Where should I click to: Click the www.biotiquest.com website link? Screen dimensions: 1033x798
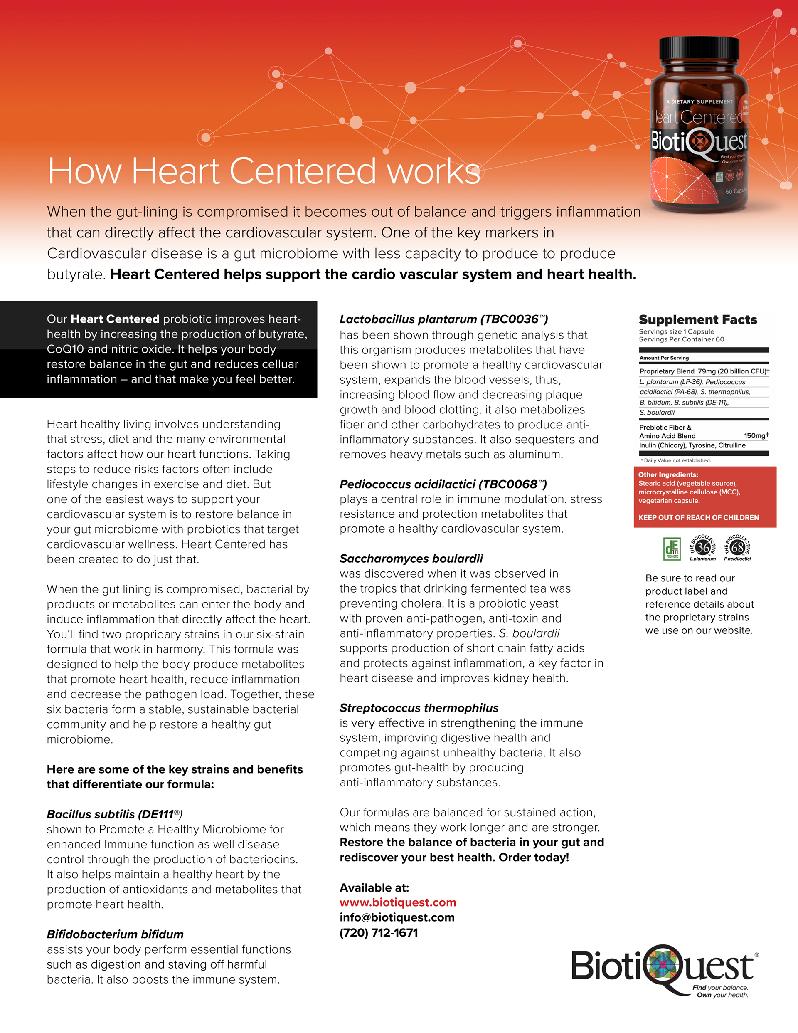click(x=398, y=902)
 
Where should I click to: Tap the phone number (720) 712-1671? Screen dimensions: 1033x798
click(x=379, y=933)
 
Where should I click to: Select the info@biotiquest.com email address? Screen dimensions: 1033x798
click(x=397, y=917)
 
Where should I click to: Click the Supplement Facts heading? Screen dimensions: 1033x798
click(x=698, y=320)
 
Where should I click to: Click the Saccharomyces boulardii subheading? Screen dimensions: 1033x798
click(x=411, y=559)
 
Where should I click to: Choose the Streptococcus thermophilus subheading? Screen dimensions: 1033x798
click(x=419, y=708)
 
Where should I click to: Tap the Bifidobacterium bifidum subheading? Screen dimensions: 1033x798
click(x=115, y=934)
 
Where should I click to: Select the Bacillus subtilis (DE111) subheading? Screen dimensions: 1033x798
click(x=114, y=814)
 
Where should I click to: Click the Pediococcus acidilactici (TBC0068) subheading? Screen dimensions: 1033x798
click(x=443, y=484)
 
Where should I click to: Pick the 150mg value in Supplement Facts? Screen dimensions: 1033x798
click(x=756, y=436)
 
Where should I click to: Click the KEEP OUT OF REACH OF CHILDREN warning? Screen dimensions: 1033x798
click(x=699, y=517)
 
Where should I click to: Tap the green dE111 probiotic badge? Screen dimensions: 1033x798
click(x=672, y=549)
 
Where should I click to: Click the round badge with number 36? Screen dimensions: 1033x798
click(x=703, y=548)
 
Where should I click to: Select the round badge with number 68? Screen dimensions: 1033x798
click(x=737, y=548)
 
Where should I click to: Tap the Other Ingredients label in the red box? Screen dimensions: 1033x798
click(x=667, y=475)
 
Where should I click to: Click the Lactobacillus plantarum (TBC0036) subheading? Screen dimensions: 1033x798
click(x=443, y=319)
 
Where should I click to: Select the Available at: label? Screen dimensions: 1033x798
click(x=374, y=888)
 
